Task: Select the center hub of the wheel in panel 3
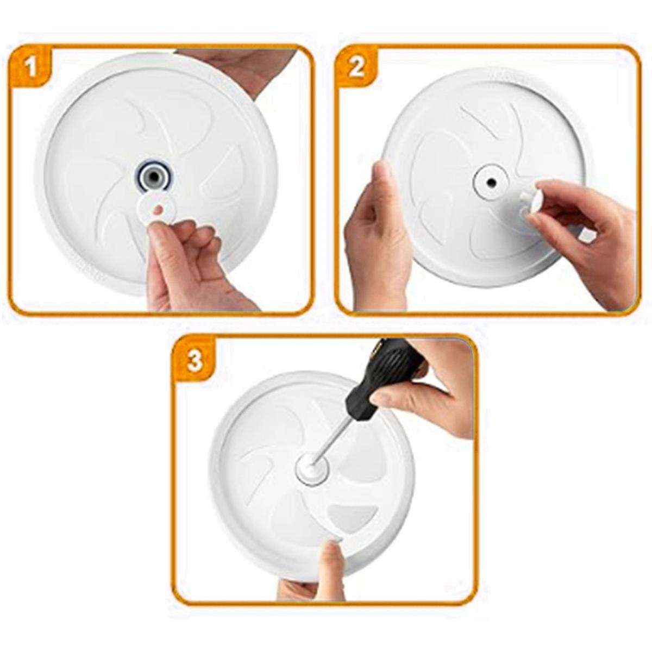[311, 468]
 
